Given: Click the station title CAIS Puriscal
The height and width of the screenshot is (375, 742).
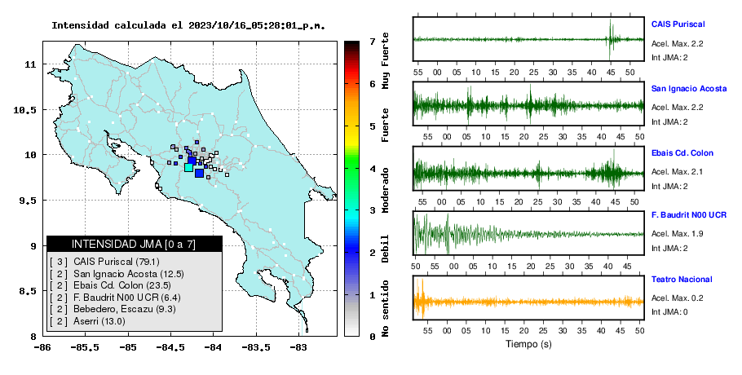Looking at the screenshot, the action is tap(678, 24).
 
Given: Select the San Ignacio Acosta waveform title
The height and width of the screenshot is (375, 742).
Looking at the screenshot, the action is tap(689, 89).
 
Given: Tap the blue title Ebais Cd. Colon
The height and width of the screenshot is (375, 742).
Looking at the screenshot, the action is tap(682, 153).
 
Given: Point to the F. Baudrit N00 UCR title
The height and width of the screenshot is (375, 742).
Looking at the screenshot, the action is tap(689, 215).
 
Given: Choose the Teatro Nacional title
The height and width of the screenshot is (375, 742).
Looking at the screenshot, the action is tap(682, 280).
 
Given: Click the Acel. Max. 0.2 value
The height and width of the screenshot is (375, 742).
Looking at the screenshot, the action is tap(677, 298).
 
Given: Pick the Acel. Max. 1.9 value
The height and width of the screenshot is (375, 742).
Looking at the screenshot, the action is tap(677, 234).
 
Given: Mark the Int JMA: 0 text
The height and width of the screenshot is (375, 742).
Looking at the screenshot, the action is tap(669, 312).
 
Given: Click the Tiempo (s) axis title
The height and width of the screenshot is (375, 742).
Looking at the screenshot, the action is tap(528, 344).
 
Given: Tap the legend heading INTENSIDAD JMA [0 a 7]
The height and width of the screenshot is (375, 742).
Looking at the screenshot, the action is tap(134, 245).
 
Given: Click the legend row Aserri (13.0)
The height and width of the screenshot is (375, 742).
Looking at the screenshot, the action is tap(87, 321).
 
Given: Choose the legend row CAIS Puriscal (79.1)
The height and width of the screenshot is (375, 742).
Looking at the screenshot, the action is tap(104, 262).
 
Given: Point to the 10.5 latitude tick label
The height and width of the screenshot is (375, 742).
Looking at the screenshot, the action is tap(26, 110).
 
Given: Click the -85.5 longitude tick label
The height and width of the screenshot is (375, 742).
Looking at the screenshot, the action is tap(86, 348).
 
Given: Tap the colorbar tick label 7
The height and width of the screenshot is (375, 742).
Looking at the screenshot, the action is tap(373, 42).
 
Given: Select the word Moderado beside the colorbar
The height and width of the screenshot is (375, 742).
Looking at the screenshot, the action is tap(385, 190).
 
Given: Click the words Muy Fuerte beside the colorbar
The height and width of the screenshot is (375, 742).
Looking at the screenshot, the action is tap(385, 60).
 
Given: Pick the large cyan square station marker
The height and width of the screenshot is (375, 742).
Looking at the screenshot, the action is tap(188, 167).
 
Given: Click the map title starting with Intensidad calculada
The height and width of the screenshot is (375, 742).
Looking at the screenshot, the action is tap(189, 25).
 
